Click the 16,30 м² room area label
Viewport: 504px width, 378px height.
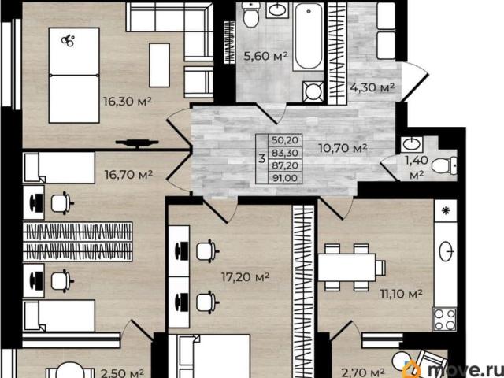[127, 102]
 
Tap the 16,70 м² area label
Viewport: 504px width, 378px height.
[128, 175]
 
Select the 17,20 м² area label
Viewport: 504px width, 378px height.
[245, 276]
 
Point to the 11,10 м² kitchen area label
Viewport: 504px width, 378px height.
[401, 294]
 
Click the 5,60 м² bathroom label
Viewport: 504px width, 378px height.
[265, 57]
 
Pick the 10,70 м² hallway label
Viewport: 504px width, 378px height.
[343, 148]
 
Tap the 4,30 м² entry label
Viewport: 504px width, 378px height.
[372, 87]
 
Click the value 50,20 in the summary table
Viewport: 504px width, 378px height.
[285, 140]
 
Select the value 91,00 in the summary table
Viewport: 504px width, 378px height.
[285, 178]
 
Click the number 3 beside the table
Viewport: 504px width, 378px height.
[262, 158]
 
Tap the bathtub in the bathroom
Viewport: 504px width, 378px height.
[308, 36]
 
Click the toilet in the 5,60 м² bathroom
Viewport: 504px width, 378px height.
[251, 14]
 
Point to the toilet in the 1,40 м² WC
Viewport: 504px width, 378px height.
[444, 165]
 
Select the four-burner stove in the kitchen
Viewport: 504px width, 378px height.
[445, 319]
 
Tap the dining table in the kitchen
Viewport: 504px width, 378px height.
[346, 268]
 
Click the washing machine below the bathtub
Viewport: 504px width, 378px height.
[313, 91]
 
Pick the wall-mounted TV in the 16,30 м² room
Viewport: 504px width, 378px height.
[137, 143]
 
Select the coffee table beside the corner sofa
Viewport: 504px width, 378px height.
[159, 65]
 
